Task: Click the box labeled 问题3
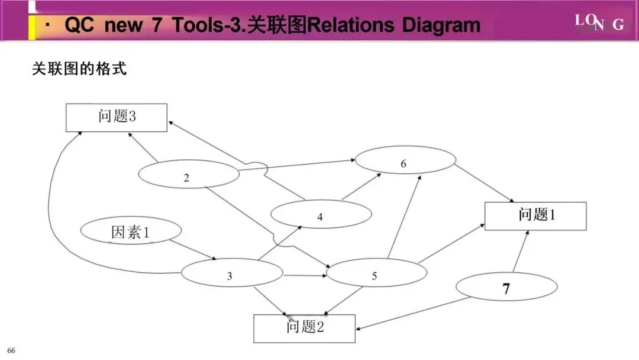116,117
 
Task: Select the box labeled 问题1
535,216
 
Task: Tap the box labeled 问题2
305,328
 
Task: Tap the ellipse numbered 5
376,274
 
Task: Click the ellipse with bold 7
506,288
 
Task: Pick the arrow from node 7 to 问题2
414,314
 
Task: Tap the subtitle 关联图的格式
79,69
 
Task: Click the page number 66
11,351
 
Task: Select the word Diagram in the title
441,25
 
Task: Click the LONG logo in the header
599,22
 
